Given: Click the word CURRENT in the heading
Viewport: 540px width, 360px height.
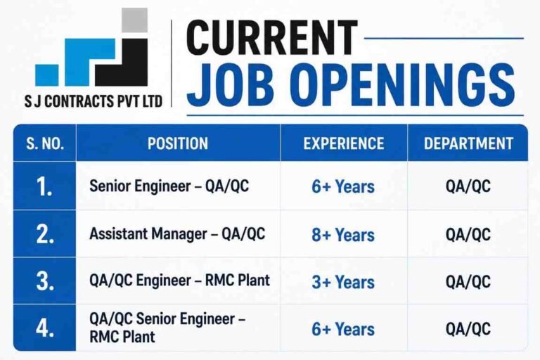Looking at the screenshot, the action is coord(271,38).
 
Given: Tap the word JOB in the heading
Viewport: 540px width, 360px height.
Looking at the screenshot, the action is coord(231,85).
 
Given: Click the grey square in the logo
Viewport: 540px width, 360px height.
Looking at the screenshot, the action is coord(135,20).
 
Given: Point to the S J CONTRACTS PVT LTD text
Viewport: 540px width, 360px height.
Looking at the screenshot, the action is coord(93,102).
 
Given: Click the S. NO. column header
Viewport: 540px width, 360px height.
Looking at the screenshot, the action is coord(45,143).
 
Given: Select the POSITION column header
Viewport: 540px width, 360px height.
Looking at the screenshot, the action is coord(178,143).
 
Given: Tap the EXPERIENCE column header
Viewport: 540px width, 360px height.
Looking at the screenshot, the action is coord(344,143).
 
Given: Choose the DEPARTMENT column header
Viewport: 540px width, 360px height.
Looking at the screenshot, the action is coord(468,143).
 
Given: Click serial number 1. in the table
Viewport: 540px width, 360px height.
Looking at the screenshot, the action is coord(44,188).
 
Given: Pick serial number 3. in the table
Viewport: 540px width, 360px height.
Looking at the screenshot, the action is coord(45,281).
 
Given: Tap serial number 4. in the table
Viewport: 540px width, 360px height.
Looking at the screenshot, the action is coord(45,328).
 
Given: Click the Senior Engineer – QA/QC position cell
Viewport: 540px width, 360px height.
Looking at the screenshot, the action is coord(169,186).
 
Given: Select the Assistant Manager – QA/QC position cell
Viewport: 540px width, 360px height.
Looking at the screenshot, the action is coord(177,234).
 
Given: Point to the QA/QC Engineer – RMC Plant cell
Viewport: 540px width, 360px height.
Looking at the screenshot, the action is coord(179,281).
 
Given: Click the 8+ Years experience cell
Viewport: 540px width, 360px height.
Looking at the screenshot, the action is coord(343,235).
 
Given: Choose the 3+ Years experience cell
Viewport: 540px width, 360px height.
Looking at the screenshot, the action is coord(343,282).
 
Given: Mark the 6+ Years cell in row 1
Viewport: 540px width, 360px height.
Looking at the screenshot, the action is coord(343,187).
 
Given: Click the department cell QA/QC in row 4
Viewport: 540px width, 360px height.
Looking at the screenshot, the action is coord(468,328).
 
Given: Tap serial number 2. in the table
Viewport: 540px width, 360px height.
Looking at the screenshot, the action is coord(45,235).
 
